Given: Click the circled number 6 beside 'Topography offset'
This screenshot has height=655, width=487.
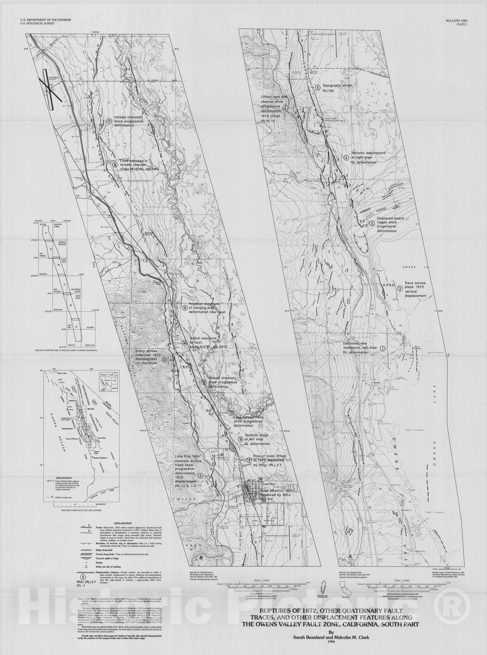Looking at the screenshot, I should (x=317, y=87).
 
